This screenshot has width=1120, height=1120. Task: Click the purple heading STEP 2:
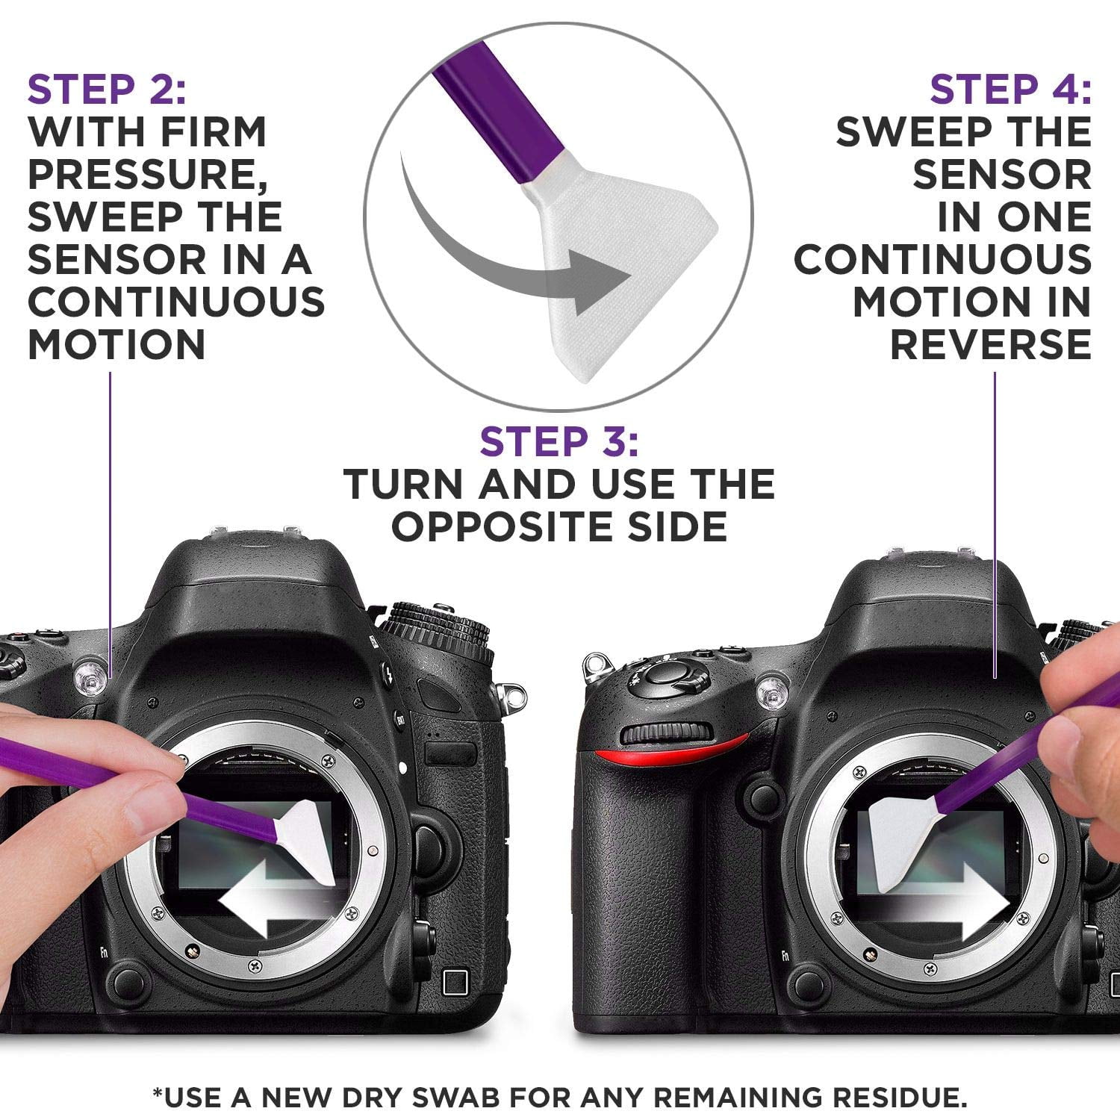coord(107,90)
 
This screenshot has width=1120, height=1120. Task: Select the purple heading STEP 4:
coord(1009,90)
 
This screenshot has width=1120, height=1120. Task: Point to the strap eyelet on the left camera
coord(511,697)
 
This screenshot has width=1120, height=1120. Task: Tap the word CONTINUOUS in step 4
coord(942,260)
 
